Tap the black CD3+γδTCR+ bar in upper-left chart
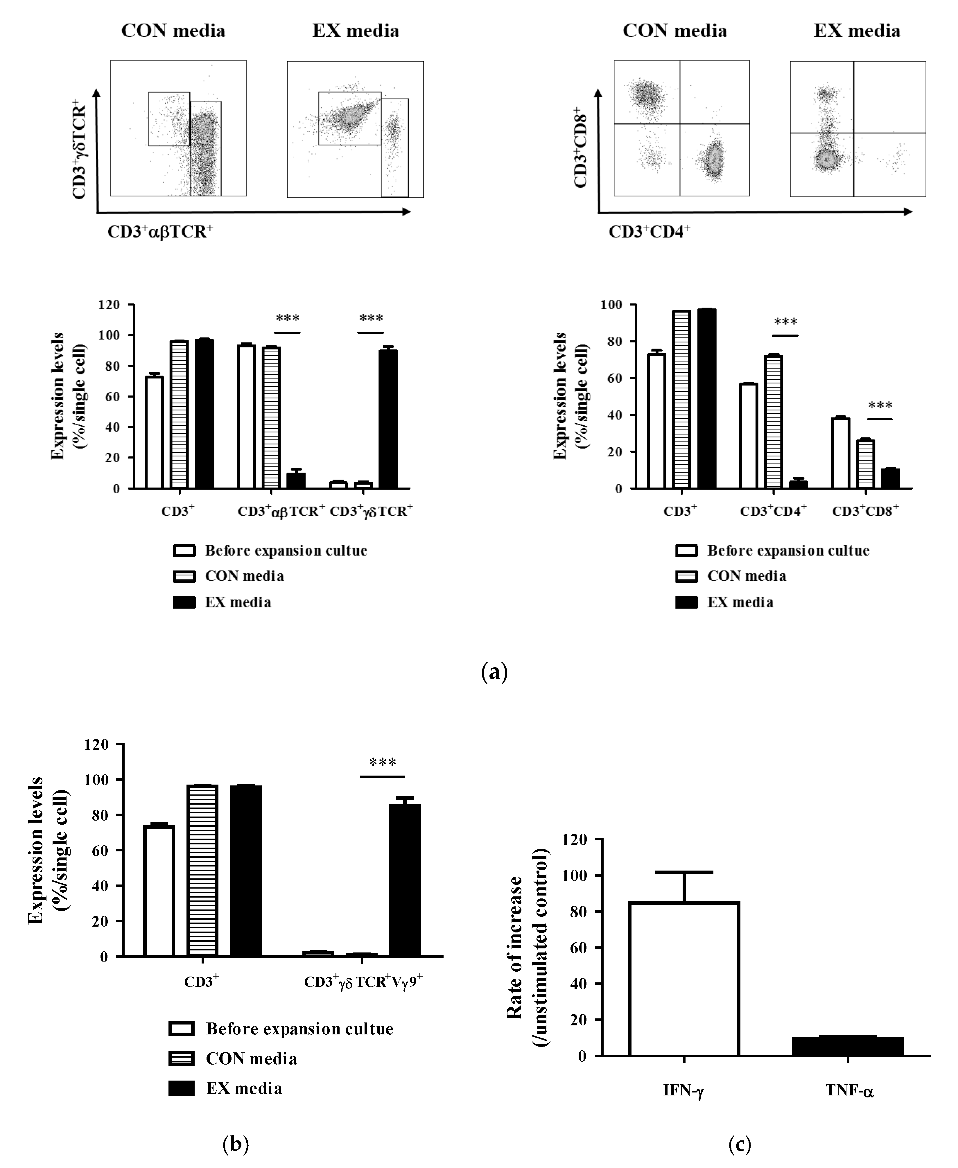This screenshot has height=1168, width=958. point(388,419)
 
